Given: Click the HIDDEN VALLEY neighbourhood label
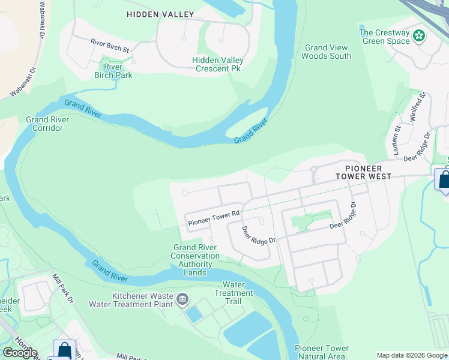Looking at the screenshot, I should (160, 14).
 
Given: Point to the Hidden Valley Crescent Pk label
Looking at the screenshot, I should (218, 64).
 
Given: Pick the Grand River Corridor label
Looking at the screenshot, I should (47, 124).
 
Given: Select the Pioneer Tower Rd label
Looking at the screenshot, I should (214, 218).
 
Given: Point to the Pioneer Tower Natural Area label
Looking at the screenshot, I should (321, 352).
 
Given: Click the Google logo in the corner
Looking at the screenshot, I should (20, 353).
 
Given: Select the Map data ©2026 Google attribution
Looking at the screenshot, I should (412, 355).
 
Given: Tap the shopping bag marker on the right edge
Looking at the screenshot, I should (444, 180).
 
